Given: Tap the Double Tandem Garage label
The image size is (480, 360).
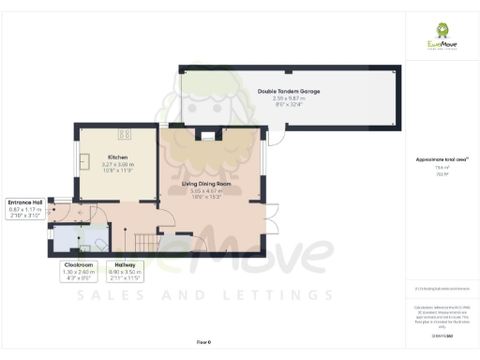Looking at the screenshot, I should (x=289, y=91).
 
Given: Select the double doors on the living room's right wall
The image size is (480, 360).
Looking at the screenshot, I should (x=270, y=216).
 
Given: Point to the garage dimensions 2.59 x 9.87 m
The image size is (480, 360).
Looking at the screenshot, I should (x=289, y=98).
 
